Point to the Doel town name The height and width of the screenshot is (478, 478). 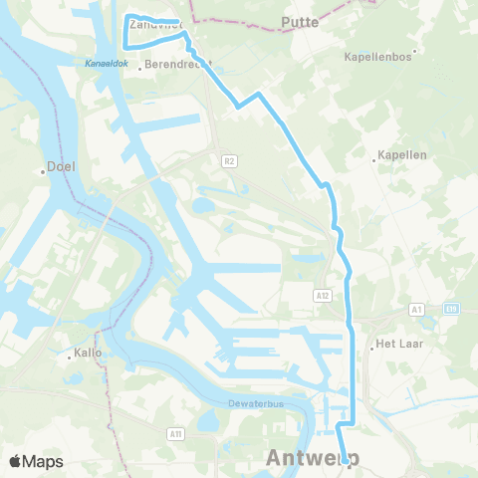tap(62, 169)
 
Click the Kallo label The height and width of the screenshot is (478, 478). tap(88, 353)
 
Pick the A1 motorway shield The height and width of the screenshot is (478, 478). tap(416, 311)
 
